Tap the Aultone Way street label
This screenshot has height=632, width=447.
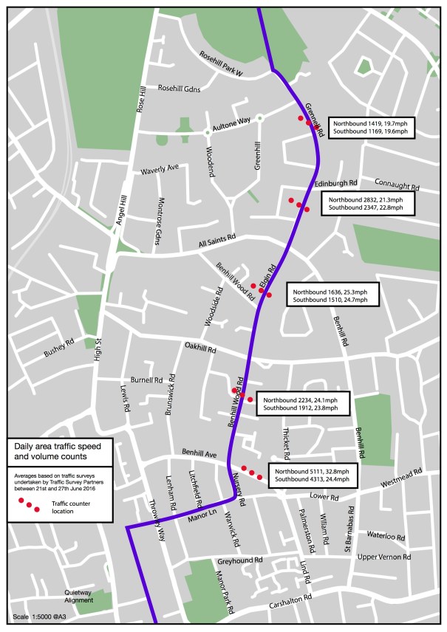[232, 120]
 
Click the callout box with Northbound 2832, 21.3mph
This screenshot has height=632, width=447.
[368, 204]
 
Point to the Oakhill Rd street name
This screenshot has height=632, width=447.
[200, 348]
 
